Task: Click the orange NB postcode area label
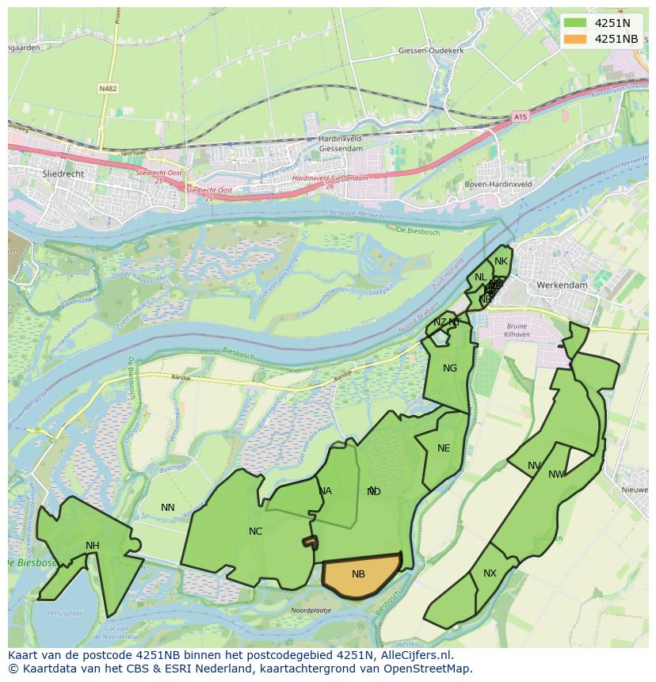[358, 573]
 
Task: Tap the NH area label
[93, 545]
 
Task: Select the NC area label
[255, 531]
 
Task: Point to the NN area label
[168, 508]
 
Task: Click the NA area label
[325, 491]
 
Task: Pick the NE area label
[444, 448]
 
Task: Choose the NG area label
[450, 368]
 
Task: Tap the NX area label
[490, 573]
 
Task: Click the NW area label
[557, 474]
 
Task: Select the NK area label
[501, 261]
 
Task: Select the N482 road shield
[109, 89]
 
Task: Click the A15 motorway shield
[520, 116]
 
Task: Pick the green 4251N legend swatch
[575, 23]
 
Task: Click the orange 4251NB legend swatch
[575, 39]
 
